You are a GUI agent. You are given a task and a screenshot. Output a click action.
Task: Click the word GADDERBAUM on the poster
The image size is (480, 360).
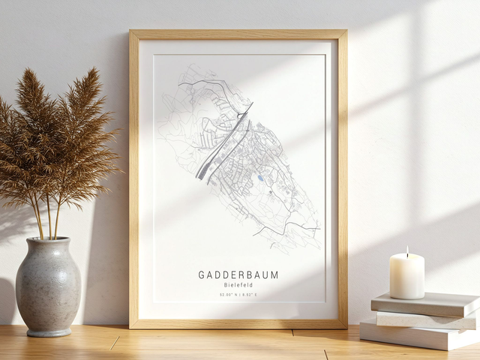(x=238, y=275)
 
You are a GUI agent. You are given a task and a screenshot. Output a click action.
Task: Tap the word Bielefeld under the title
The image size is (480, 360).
(x=238, y=285)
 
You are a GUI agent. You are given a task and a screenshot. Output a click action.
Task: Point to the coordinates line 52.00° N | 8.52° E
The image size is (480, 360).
(x=238, y=295)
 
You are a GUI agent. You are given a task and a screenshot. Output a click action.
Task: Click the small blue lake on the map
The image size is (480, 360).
(x=259, y=178)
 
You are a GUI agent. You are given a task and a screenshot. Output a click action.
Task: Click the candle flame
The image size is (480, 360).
(x=407, y=251)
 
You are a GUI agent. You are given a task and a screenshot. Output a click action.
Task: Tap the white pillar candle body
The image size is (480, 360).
(x=406, y=276)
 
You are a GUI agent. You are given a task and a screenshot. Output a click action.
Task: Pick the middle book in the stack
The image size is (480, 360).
(x=424, y=319)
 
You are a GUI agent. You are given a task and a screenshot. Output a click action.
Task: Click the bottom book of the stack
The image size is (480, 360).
(x=420, y=334)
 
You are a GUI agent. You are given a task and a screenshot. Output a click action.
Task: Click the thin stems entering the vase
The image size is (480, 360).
(x=46, y=221)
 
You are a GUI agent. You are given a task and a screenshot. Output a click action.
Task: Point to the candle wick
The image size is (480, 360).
(x=407, y=255)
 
